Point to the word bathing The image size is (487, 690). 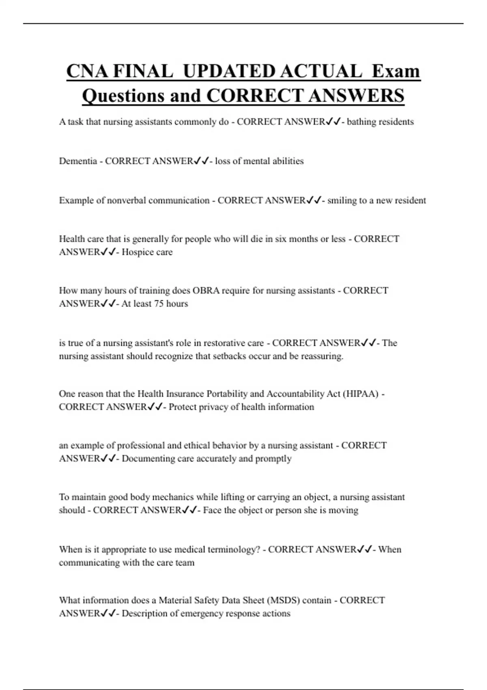tap(361, 122)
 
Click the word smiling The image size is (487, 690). tap(342, 201)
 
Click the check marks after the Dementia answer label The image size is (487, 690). tap(201, 161)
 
